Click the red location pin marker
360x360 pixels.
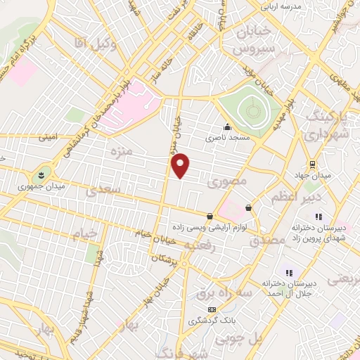[x=181, y=165]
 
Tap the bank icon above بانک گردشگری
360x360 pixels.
[x=211, y=309]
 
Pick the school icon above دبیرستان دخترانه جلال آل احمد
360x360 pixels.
[x=288, y=272]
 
